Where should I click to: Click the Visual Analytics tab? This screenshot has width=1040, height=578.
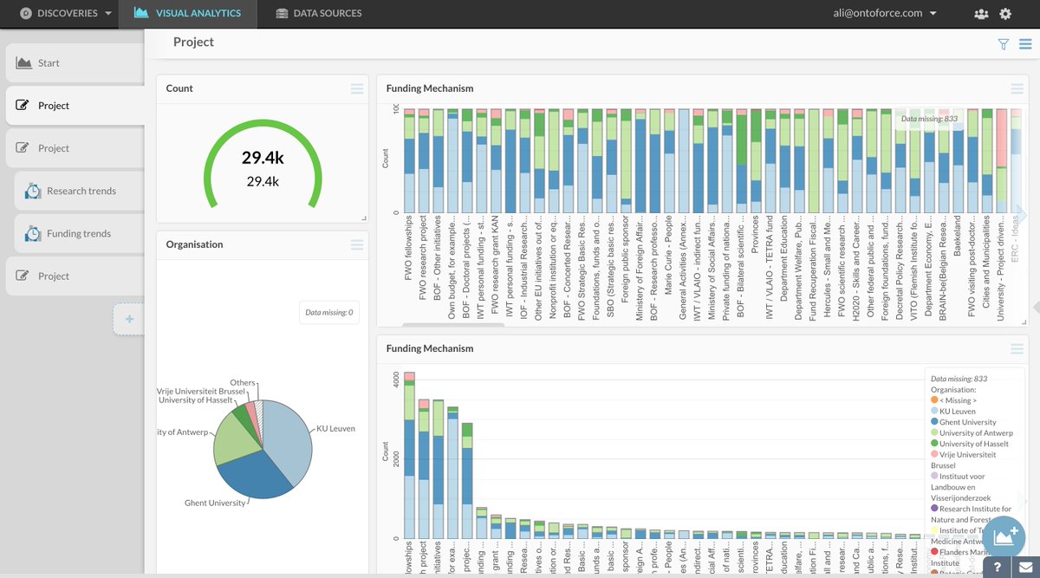[187, 13]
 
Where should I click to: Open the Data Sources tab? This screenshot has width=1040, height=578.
[318, 13]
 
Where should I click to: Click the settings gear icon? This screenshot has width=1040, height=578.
[1005, 14]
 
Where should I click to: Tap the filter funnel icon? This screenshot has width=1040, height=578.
[1004, 44]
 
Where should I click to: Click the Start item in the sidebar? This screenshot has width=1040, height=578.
[49, 63]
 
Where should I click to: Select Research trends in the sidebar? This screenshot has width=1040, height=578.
[81, 191]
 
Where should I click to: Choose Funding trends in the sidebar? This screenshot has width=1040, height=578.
[79, 233]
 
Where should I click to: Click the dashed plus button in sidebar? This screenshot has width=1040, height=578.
[129, 320]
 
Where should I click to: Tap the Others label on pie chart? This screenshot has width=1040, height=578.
[242, 382]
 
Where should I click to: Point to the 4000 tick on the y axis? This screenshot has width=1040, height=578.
[396, 380]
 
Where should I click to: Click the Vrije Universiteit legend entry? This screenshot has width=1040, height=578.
[969, 454]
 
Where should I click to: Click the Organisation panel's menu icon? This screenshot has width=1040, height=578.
[357, 244]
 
